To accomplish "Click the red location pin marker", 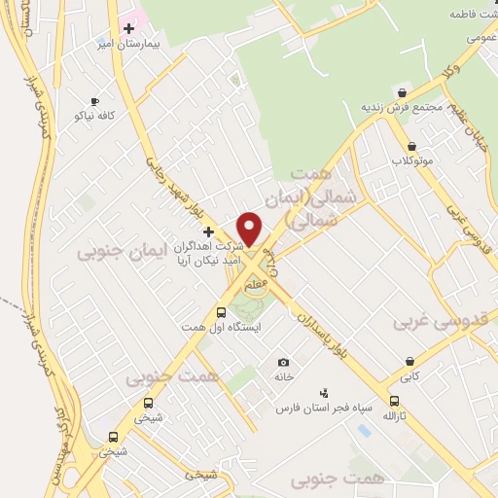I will [249, 230].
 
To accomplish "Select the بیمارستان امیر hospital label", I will [120, 45].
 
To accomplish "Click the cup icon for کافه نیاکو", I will [94, 101].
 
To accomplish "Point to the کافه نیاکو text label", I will [94, 116].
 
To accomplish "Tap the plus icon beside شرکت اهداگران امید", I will [207, 231].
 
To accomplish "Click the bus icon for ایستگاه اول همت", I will [221, 312].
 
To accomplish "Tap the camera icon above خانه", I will [283, 362].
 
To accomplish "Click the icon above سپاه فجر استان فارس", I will [323, 393].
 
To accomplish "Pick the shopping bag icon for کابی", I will [409, 362].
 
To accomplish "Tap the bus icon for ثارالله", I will [394, 401].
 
